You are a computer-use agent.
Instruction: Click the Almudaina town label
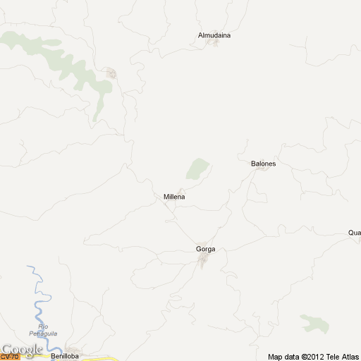[214, 35]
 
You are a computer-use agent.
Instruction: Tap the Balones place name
[263, 164]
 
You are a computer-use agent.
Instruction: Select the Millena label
[174, 197]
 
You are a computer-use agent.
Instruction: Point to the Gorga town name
[205, 250]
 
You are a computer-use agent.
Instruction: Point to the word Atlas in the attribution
[350, 356]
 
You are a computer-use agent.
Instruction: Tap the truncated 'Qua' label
[354, 233]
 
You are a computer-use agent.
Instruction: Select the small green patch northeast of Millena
[197, 169]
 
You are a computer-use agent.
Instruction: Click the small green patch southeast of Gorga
[315, 324]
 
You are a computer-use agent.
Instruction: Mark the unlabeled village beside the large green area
[111, 73]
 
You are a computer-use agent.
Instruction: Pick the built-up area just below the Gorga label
[203, 262]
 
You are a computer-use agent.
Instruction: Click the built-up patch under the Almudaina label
[212, 43]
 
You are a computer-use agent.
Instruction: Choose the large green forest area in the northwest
[71, 67]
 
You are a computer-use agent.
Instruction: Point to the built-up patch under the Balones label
[262, 169]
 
